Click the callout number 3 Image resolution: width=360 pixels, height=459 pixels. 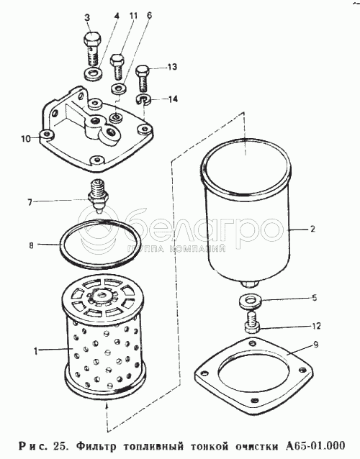click(x=87, y=17)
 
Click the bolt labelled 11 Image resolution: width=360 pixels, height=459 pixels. click(x=117, y=66)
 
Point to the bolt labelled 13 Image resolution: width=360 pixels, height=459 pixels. click(x=143, y=78)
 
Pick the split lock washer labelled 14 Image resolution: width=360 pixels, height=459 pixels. click(x=143, y=99)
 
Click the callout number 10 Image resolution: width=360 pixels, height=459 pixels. click(x=25, y=138)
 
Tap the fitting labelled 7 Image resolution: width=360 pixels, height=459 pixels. click(x=99, y=196)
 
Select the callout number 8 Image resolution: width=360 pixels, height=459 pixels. click(x=32, y=245)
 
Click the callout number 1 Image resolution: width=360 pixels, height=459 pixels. click(x=36, y=350)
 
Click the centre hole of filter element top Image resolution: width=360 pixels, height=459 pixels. click(x=103, y=294)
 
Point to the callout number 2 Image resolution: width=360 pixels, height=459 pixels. click(x=312, y=229)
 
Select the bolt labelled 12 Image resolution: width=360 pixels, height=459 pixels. click(x=251, y=322)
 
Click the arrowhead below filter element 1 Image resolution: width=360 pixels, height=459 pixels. click(x=106, y=406)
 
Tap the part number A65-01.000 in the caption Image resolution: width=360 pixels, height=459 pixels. click(x=315, y=446)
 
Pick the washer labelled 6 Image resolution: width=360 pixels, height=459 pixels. click(x=118, y=88)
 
